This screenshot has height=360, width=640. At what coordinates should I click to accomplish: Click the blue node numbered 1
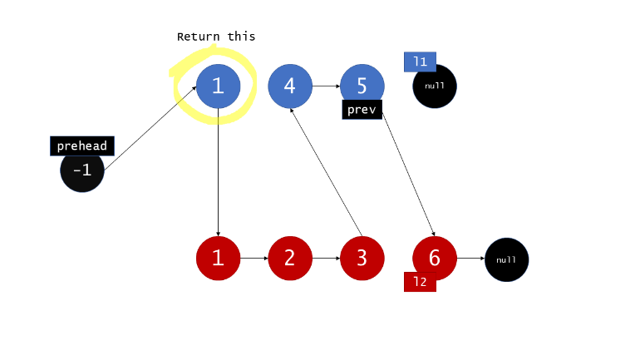[x=218, y=86]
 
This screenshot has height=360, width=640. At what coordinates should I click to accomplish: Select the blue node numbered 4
[x=289, y=86]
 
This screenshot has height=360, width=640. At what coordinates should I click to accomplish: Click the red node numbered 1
[x=218, y=258]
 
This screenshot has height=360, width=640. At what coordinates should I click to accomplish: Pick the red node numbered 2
[x=289, y=258]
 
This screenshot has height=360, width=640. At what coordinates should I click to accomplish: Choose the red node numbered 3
[x=362, y=258]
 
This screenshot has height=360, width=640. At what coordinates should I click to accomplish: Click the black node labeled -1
[x=82, y=171]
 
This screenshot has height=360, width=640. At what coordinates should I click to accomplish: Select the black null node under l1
[x=436, y=86]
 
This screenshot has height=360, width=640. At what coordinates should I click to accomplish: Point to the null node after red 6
[x=506, y=259]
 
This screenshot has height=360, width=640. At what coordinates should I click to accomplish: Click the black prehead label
[x=81, y=146]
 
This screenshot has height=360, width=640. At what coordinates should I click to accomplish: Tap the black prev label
[x=362, y=110]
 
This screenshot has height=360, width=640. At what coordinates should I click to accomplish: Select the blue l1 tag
[x=420, y=62]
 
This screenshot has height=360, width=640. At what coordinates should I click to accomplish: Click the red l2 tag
[x=420, y=282]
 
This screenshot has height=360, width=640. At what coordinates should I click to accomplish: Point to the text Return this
[x=216, y=37]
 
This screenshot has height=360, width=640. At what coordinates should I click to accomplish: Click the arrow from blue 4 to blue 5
[x=326, y=86]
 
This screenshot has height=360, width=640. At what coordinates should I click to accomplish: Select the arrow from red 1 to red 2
[x=254, y=258]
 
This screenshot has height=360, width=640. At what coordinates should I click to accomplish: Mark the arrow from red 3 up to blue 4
[x=326, y=172]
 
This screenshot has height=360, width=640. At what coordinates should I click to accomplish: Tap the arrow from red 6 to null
[x=470, y=258]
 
